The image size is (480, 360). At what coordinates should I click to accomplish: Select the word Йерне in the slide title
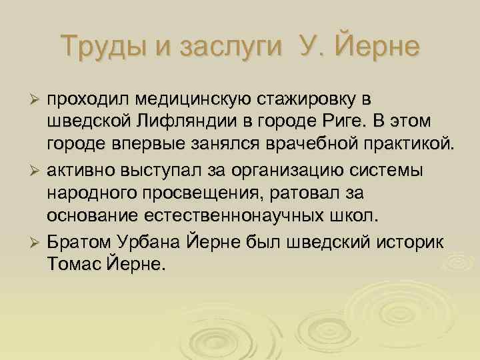(373, 46)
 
